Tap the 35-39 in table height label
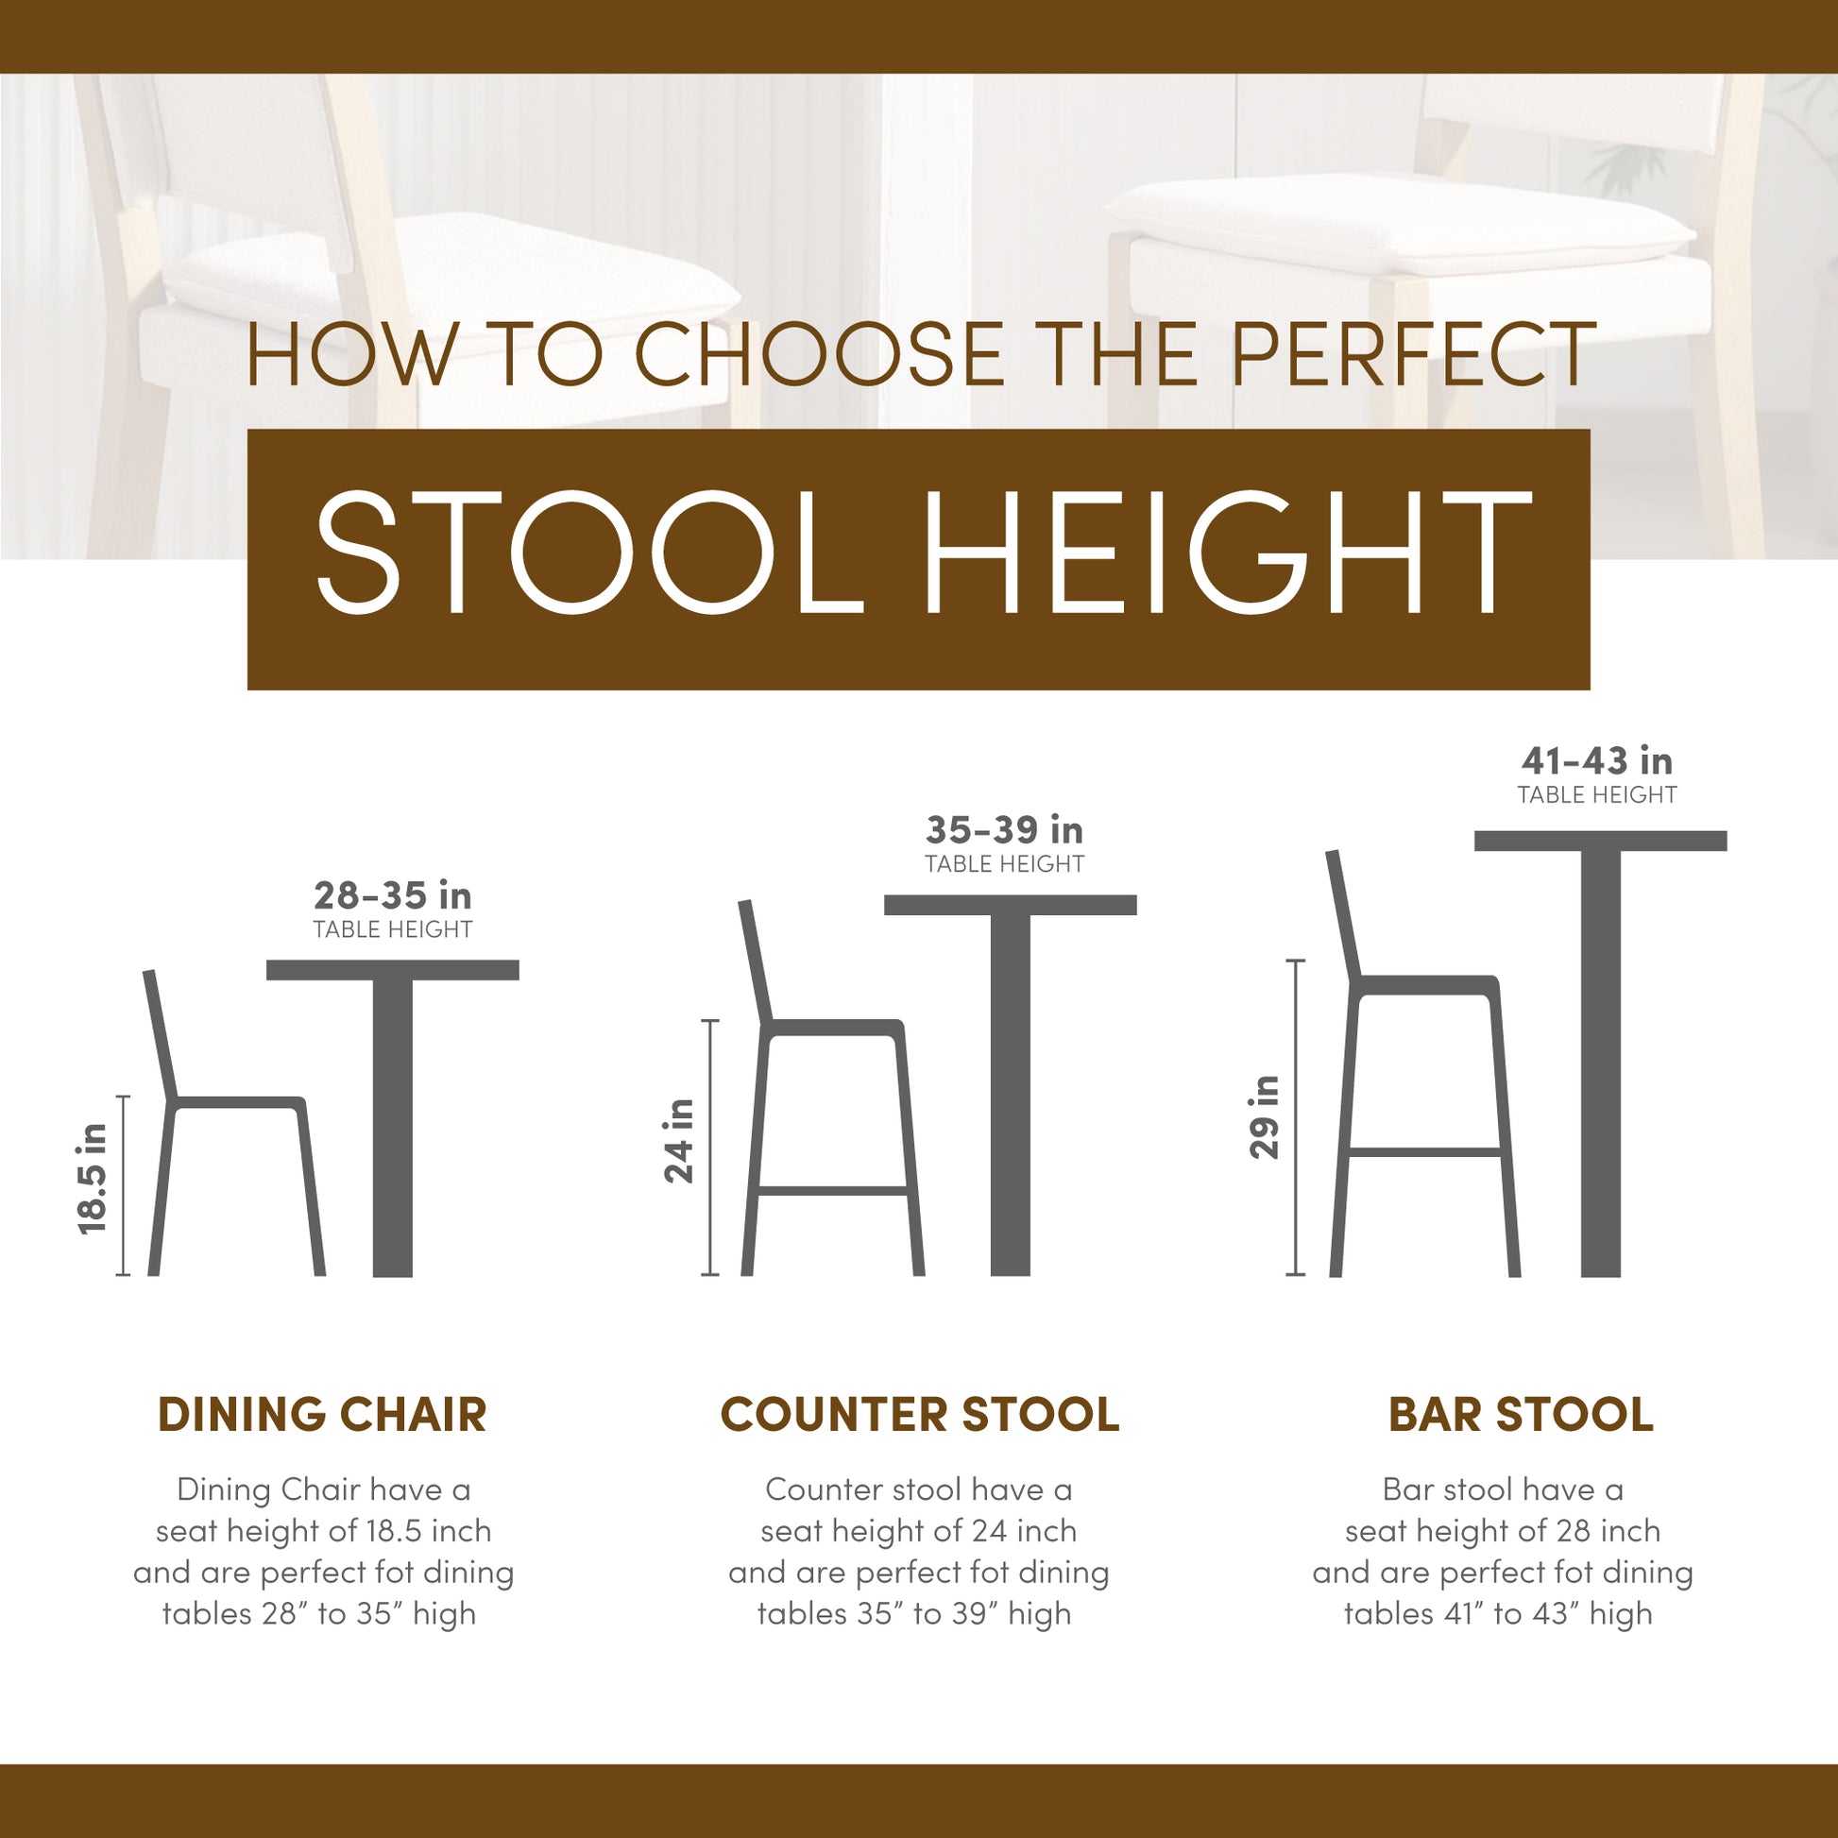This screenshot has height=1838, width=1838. click(x=1005, y=842)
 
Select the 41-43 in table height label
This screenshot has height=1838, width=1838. click(x=1596, y=774)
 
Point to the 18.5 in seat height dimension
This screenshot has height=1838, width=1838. click(x=94, y=1179)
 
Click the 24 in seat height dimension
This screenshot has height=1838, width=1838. click(x=679, y=1141)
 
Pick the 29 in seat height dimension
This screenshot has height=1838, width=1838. click(x=1265, y=1117)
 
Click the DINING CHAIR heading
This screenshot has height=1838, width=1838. click(x=322, y=1415)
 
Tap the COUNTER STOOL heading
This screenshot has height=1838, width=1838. click(x=920, y=1415)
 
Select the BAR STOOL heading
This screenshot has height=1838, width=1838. click(x=1522, y=1415)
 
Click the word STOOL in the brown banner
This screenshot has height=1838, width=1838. click(x=589, y=553)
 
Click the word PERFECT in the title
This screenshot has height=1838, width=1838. click(x=1414, y=354)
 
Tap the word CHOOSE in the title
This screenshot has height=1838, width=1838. click(x=819, y=354)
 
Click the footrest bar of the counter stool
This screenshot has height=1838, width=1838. click(x=833, y=1190)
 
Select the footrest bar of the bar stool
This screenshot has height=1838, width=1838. click(x=1424, y=1152)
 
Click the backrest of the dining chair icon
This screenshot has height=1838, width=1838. click(x=160, y=1035)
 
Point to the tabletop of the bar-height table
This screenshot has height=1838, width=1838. click(x=1600, y=841)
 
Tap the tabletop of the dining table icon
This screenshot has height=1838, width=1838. click(x=393, y=970)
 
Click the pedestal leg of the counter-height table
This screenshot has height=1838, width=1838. click(x=1011, y=1095)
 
